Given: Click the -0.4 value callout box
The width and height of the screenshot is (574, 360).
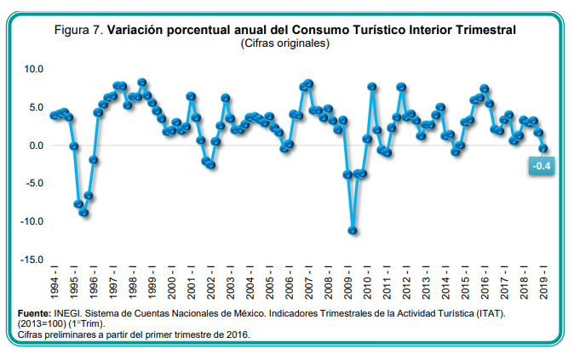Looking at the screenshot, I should [x=541, y=167].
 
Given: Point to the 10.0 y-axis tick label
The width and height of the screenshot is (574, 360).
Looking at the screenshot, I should [x=32, y=68].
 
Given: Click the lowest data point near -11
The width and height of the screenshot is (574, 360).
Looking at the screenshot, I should [x=353, y=230].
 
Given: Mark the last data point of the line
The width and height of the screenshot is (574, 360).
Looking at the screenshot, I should [x=543, y=148].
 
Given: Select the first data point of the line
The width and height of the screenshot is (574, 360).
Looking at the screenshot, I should [x=54, y=115].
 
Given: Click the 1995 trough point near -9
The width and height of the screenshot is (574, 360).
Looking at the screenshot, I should [x=83, y=212].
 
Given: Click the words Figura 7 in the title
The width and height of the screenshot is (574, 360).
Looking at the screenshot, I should [x=78, y=30].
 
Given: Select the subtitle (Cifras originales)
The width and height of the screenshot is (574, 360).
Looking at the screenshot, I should [x=285, y=43].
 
